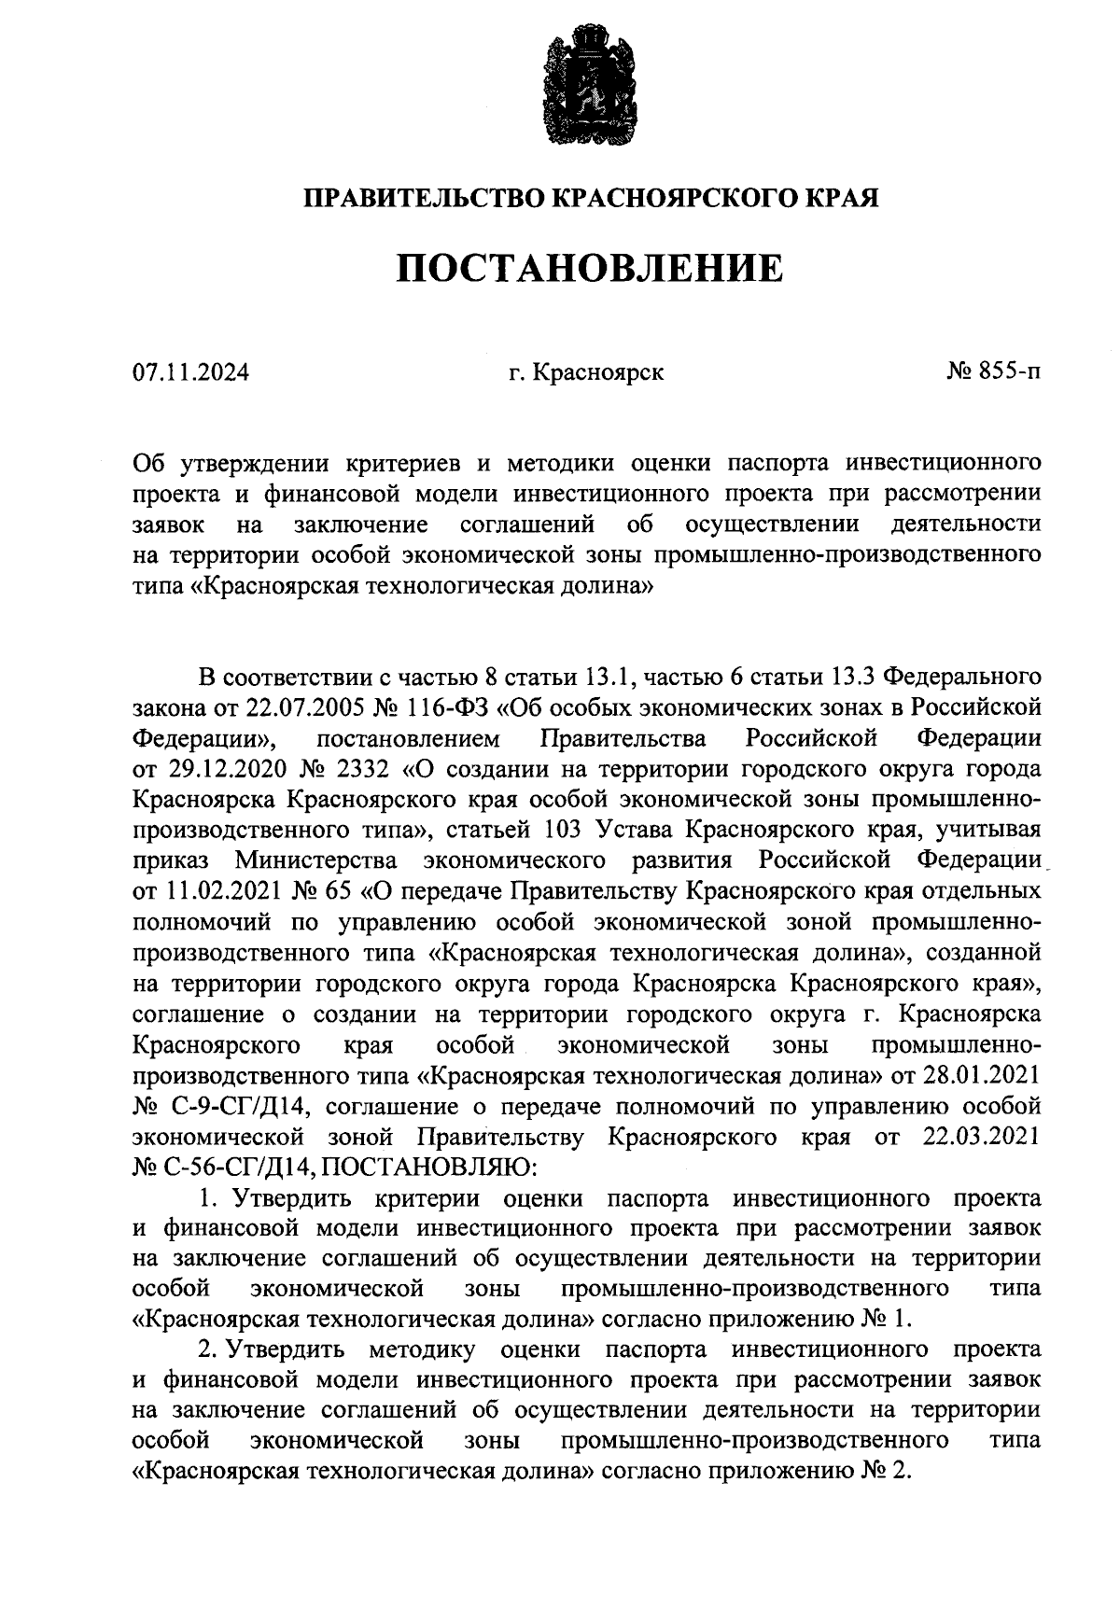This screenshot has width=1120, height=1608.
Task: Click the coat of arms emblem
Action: (x=588, y=86)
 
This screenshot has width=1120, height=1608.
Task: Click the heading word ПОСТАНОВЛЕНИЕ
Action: (x=590, y=269)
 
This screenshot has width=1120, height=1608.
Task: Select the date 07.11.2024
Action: (x=191, y=373)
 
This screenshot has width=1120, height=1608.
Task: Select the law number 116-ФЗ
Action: (x=452, y=706)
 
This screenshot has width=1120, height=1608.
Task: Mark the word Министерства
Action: (x=315, y=860)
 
